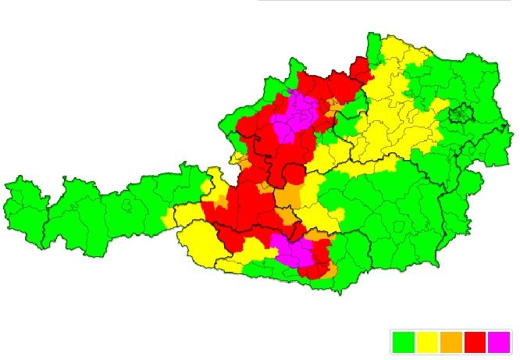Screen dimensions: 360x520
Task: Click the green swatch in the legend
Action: (x=403, y=342)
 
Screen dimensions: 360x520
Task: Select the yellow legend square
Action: (x=427, y=342)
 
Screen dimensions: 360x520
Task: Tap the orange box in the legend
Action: (x=451, y=342)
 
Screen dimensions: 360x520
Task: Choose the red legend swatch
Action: (x=475, y=342)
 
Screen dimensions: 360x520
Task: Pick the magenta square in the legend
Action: (x=499, y=342)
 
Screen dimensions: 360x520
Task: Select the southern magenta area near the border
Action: (x=295, y=251)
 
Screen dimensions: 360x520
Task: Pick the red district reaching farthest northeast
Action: (x=362, y=68)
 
